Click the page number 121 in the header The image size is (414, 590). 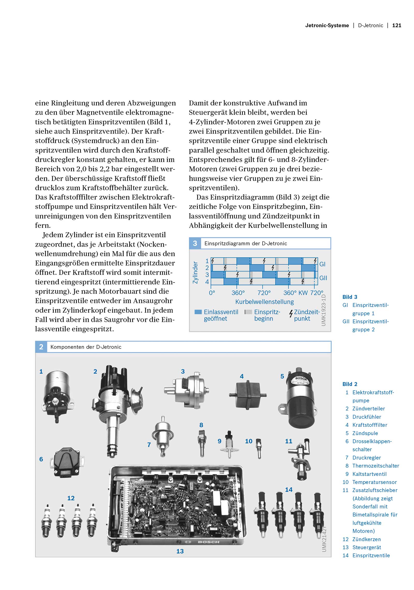[x=396, y=25]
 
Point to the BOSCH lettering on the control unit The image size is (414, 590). [x=208, y=542]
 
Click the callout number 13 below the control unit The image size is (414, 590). [x=180, y=551]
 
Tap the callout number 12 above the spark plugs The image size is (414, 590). [x=71, y=498]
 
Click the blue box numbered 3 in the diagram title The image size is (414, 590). [x=195, y=243]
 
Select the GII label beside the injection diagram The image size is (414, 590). [x=323, y=278]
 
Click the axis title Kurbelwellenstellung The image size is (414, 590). [x=264, y=302]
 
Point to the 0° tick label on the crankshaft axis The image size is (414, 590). [x=212, y=293]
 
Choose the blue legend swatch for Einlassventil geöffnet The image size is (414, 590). [x=198, y=312]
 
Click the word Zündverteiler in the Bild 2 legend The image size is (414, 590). [x=368, y=409]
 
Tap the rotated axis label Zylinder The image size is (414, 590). [x=195, y=272]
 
